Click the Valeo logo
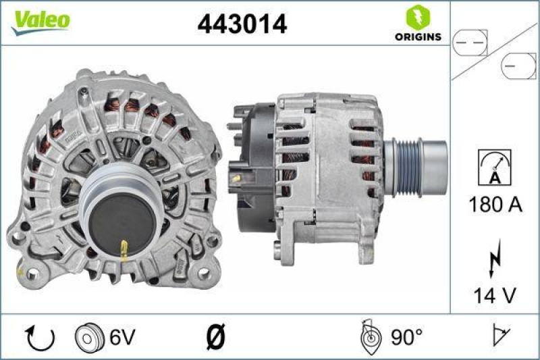(38, 21)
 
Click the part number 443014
(242, 24)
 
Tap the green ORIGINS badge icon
(416, 17)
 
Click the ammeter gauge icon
(494, 167)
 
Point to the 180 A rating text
(495, 205)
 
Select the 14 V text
(495, 295)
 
